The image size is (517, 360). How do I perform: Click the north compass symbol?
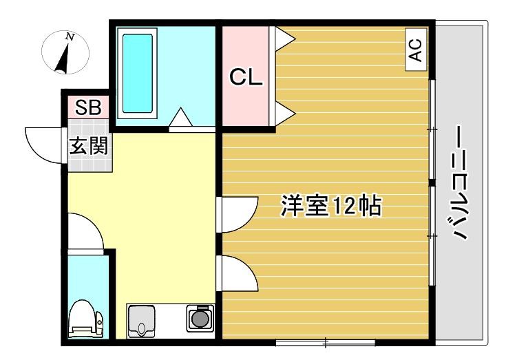pos(64,53)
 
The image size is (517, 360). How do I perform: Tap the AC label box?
pos(414,50)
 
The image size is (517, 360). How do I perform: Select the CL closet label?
pos(246,77)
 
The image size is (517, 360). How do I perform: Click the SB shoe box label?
pos(87,107)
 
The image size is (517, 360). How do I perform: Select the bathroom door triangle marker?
pos(181,118)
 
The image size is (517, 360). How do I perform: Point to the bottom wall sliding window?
pos(325,341)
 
